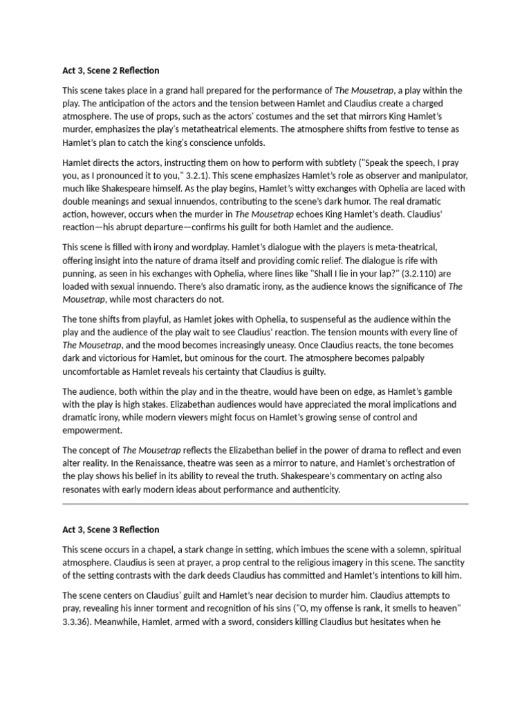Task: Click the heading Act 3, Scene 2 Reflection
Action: [111, 71]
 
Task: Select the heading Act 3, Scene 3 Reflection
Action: [111, 530]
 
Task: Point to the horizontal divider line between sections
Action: [265, 505]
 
